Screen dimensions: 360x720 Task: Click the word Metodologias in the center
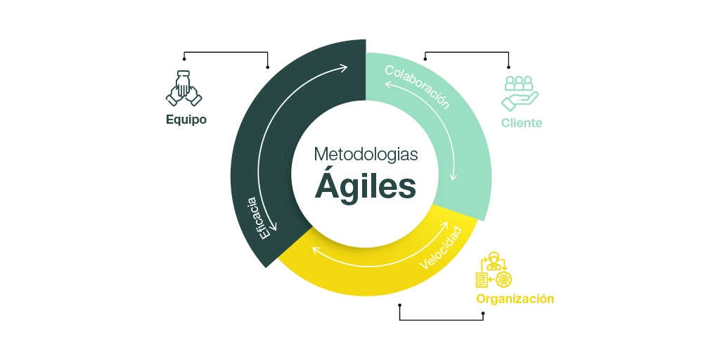(x=366, y=153)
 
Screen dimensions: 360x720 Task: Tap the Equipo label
(x=186, y=120)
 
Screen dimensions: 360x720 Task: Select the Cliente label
(x=522, y=123)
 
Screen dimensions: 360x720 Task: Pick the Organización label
(x=515, y=299)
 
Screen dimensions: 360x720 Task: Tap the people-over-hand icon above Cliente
(x=520, y=93)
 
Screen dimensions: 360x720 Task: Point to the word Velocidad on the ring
(x=441, y=248)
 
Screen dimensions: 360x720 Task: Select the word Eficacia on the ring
(x=256, y=217)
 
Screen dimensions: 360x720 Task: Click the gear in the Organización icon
(x=503, y=280)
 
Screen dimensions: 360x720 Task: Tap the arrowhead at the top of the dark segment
(x=344, y=67)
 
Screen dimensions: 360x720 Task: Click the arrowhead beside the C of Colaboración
(x=386, y=84)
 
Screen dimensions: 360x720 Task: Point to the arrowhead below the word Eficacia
(x=273, y=228)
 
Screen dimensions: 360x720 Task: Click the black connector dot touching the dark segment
(x=267, y=67)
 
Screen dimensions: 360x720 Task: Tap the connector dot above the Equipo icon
(x=184, y=59)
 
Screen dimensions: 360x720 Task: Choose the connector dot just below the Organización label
(x=483, y=313)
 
